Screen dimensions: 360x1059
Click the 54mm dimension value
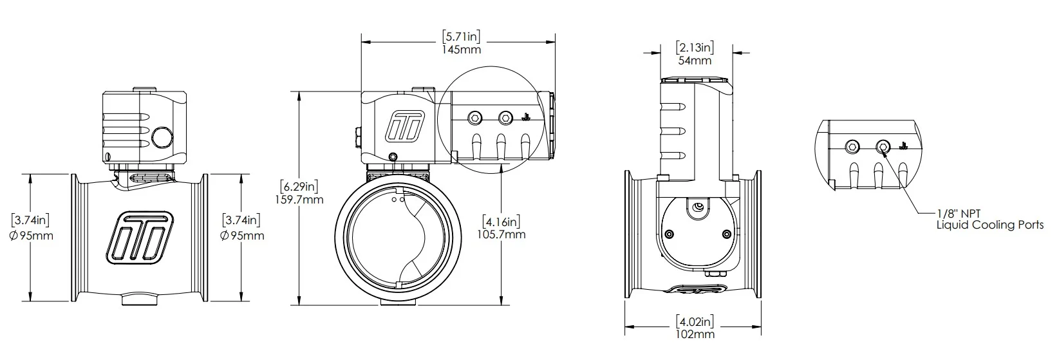695,61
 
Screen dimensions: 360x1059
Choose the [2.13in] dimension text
695,47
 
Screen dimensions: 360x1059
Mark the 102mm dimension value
695,334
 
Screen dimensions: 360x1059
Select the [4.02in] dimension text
695,321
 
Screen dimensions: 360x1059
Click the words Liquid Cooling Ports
990,225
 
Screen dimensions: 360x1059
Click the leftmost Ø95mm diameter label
32,235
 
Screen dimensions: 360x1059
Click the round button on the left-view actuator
162,137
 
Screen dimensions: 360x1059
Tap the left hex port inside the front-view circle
475,118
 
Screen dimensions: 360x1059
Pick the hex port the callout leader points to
883,147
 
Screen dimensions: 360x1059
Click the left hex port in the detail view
852,147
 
